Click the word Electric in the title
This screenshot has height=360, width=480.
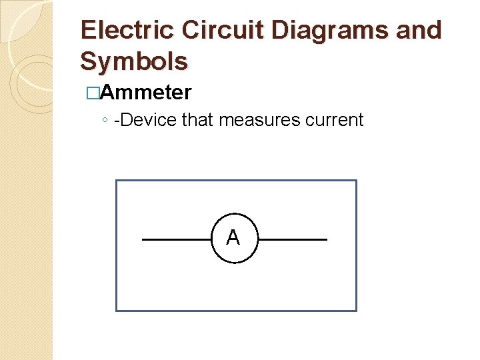127,31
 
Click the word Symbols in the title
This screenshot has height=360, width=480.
134,61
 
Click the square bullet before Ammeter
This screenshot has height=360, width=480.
92,93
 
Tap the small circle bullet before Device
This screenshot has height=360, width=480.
105,121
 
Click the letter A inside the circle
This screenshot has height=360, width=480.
233,237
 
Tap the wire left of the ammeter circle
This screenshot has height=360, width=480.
177,239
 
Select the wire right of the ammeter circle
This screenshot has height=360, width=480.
293,239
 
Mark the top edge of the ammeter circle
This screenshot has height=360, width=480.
233,215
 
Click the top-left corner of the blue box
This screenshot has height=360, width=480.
116,181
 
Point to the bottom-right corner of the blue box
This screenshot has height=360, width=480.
357,311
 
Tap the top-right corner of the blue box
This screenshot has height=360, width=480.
357,181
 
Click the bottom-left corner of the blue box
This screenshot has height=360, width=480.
116,311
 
